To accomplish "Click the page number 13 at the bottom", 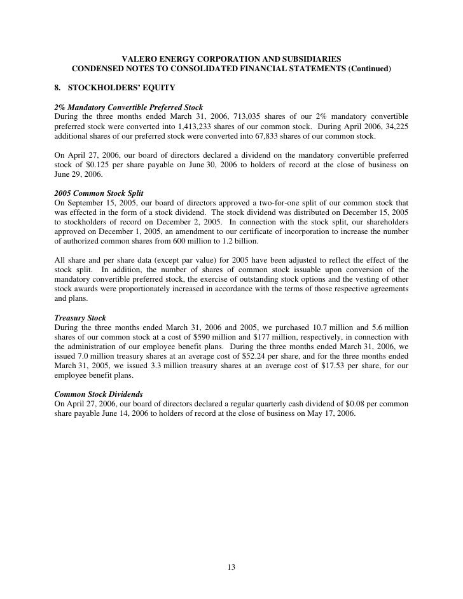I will click(231, 568).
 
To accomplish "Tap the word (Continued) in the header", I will click(369, 69).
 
